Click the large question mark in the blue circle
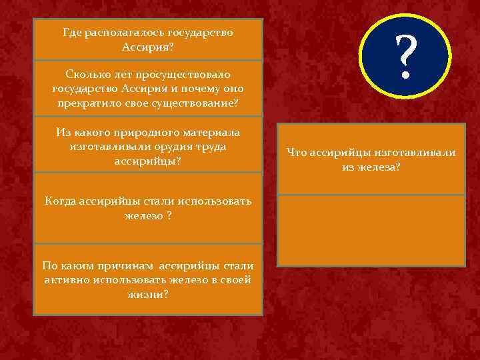click(405, 57)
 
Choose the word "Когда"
click(59, 201)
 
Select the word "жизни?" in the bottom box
click(148, 295)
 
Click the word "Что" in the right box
click(296, 153)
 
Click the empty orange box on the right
click(371, 230)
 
